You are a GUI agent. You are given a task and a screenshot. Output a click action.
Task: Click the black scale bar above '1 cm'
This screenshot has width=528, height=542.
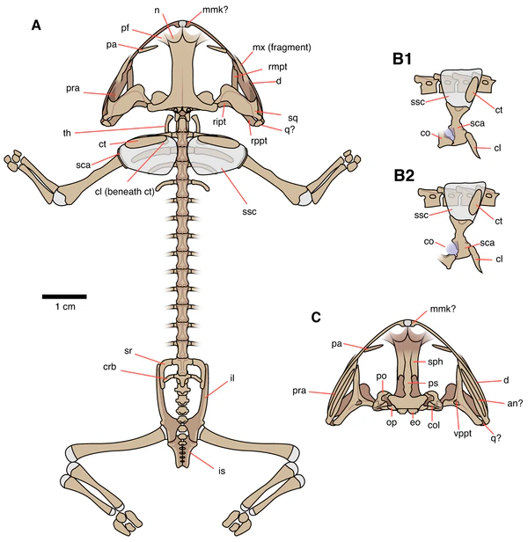click(64, 296)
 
